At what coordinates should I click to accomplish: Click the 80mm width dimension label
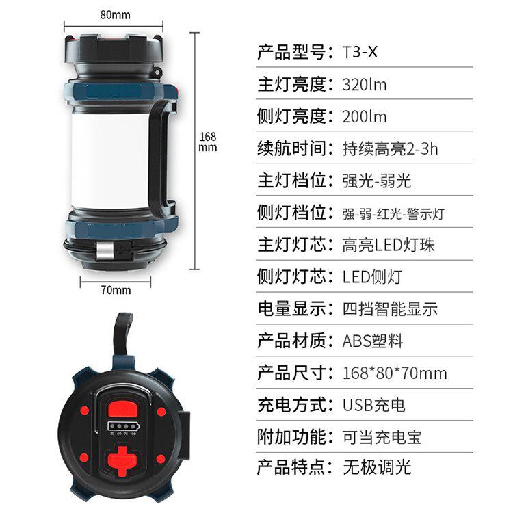coord(115,15)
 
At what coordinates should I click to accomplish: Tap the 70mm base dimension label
coord(116,290)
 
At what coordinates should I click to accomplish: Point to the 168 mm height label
coord(208,142)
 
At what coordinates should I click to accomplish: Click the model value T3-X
coord(360,52)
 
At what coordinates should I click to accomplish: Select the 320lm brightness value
coord(365,84)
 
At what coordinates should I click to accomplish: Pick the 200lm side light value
coord(365,116)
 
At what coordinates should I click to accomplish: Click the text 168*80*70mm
coord(395,373)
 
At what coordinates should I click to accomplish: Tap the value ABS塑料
coord(373,341)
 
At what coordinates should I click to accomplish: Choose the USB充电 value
coord(374,405)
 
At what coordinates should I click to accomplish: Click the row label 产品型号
coord(291,52)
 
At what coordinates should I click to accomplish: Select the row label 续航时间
coord(291,148)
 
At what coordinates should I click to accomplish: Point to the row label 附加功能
coord(291,437)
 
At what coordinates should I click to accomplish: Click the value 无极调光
coord(377,467)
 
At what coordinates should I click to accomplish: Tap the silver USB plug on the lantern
coord(105,251)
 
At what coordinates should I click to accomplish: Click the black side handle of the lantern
coord(161,159)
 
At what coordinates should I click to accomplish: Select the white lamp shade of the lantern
coord(110,160)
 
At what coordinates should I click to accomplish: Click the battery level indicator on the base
coord(123,426)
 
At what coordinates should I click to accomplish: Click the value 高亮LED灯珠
coord(389,245)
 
